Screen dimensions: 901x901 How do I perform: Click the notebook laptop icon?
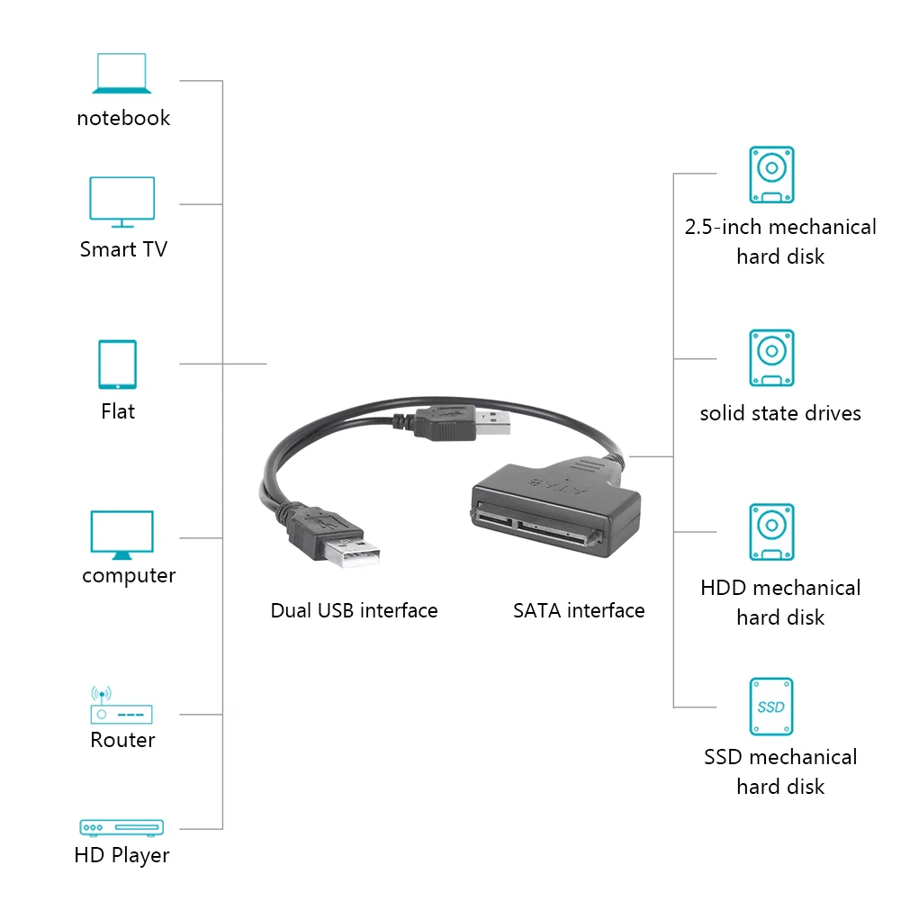pyautogui.click(x=122, y=73)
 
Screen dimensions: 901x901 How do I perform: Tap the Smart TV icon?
pyautogui.click(x=122, y=202)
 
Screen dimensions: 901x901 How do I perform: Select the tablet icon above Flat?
pyautogui.click(x=117, y=365)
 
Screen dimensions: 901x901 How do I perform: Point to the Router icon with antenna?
pyautogui.click(x=122, y=705)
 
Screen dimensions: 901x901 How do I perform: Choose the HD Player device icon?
pyautogui.click(x=122, y=827)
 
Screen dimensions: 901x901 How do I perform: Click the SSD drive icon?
pyautogui.click(x=771, y=707)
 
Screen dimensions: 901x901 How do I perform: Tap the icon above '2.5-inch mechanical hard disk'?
pyautogui.click(x=771, y=175)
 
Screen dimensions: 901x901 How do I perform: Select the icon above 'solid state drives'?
pyautogui.click(x=771, y=357)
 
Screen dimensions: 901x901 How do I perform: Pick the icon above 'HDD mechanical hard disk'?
pyautogui.click(x=771, y=532)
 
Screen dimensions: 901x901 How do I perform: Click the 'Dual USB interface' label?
pyautogui.click(x=354, y=610)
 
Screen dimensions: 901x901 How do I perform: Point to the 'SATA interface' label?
pyautogui.click(x=579, y=610)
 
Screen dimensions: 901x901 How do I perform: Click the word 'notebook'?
pyautogui.click(x=123, y=118)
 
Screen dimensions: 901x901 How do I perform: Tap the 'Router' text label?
pyautogui.click(x=122, y=740)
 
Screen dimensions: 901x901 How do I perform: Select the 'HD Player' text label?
pyautogui.click(x=122, y=856)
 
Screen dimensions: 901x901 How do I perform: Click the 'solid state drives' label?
pyautogui.click(x=780, y=413)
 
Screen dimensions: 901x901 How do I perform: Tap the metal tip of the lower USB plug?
pyautogui.click(x=351, y=554)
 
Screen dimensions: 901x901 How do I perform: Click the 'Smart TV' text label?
pyautogui.click(x=123, y=249)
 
